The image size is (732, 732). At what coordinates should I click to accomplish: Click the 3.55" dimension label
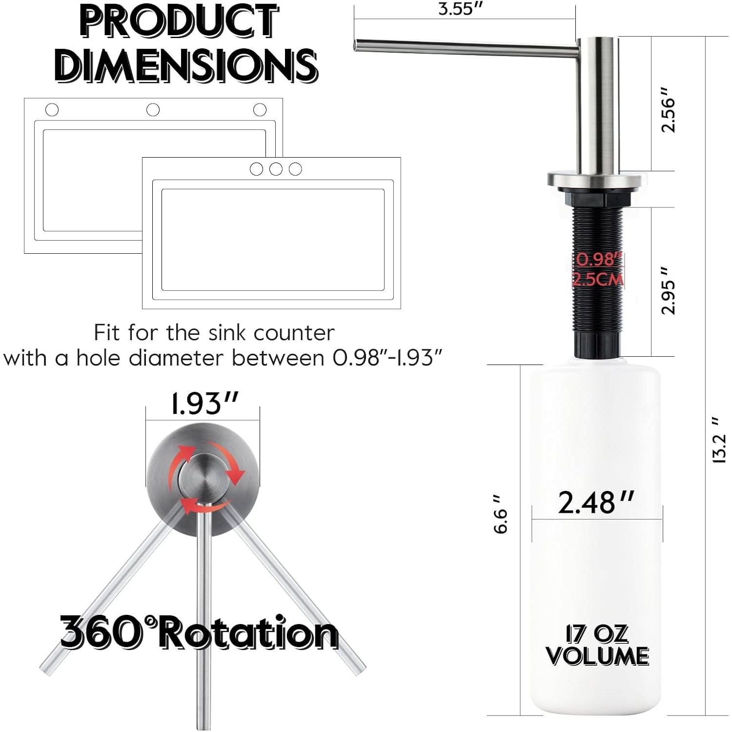point(460,9)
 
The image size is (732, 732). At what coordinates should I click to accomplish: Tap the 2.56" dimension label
point(668,110)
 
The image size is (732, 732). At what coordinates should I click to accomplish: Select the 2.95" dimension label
point(668,290)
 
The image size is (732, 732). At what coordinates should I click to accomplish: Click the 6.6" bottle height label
point(501,514)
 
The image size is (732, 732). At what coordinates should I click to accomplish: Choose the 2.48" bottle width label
point(596,502)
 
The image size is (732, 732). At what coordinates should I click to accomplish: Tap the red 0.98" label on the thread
point(599,260)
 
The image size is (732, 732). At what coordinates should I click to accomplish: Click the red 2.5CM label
point(598,280)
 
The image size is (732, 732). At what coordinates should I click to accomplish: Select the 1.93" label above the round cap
point(204,404)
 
